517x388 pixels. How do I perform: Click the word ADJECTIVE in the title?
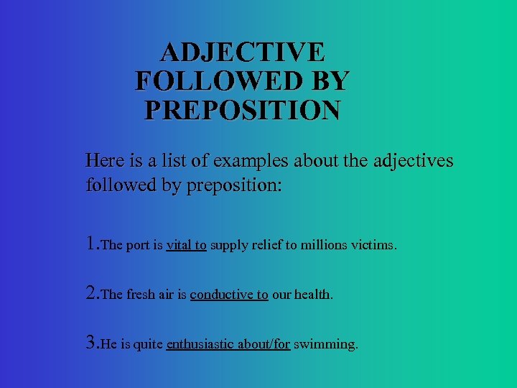(243, 52)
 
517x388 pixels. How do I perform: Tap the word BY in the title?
(332, 81)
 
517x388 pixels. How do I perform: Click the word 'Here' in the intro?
(104, 160)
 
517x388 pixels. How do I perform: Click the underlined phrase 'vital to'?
(187, 246)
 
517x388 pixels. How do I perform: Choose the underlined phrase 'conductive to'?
(229, 295)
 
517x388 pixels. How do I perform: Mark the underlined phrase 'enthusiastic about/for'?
(228, 345)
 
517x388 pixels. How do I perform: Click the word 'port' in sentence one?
(139, 246)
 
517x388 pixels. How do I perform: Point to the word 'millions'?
(325, 246)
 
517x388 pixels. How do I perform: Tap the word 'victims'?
(373, 246)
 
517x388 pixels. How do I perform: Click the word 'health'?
(315, 295)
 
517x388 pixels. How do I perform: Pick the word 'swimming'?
(325, 345)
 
